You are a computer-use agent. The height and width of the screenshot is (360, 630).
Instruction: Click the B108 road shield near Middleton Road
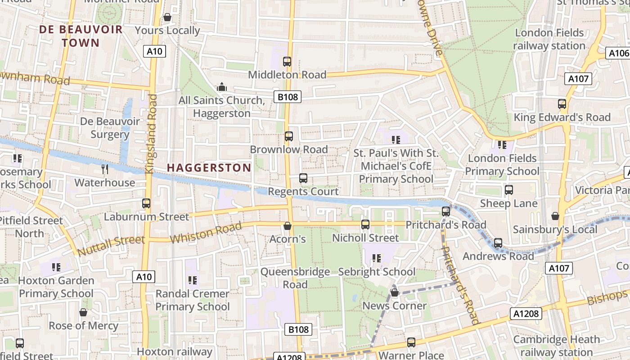coord(287,96)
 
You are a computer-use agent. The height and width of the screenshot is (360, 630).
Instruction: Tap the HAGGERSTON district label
coord(209,168)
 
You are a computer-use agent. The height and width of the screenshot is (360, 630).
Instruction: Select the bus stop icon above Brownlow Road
coord(289,136)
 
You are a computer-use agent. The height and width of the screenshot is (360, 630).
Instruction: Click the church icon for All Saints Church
coord(221,87)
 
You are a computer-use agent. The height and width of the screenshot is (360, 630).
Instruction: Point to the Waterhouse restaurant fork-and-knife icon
coord(105,169)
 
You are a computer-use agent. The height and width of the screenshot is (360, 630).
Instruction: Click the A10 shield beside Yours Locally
coord(154,51)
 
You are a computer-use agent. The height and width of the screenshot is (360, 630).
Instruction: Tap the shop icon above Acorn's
coord(287,225)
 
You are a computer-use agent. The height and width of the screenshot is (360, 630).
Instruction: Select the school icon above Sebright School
coord(377,258)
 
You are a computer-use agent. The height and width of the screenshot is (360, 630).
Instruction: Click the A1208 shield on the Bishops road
coord(526,313)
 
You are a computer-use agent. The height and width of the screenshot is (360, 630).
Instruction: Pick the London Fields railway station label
coord(549,39)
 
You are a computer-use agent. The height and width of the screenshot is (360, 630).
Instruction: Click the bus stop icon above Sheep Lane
coord(509,190)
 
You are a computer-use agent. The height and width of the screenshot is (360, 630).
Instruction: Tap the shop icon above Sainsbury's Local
coord(555,216)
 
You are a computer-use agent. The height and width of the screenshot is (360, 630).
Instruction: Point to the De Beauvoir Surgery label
coord(110,128)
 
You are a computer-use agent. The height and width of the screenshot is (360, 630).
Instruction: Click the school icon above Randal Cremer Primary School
coord(193,280)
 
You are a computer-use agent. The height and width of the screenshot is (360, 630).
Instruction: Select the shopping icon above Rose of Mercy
coord(83,312)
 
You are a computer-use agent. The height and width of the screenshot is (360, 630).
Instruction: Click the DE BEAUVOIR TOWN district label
coord(81,36)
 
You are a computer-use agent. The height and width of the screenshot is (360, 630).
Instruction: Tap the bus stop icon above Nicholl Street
coord(365,224)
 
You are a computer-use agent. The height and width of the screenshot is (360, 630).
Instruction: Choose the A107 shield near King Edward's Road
coord(578,79)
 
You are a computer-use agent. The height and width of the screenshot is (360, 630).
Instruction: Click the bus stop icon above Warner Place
coord(411,342)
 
